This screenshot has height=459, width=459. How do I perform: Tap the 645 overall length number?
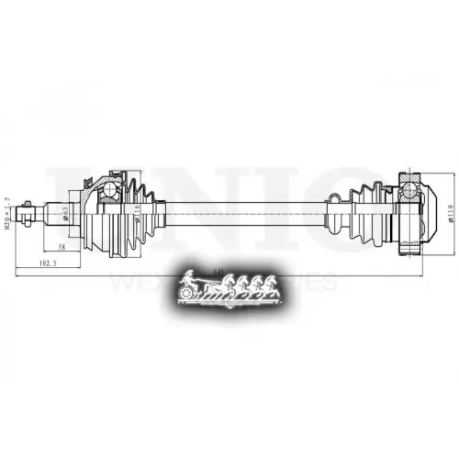pos(217,272)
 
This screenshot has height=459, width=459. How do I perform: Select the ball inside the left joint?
pos(109,188)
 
